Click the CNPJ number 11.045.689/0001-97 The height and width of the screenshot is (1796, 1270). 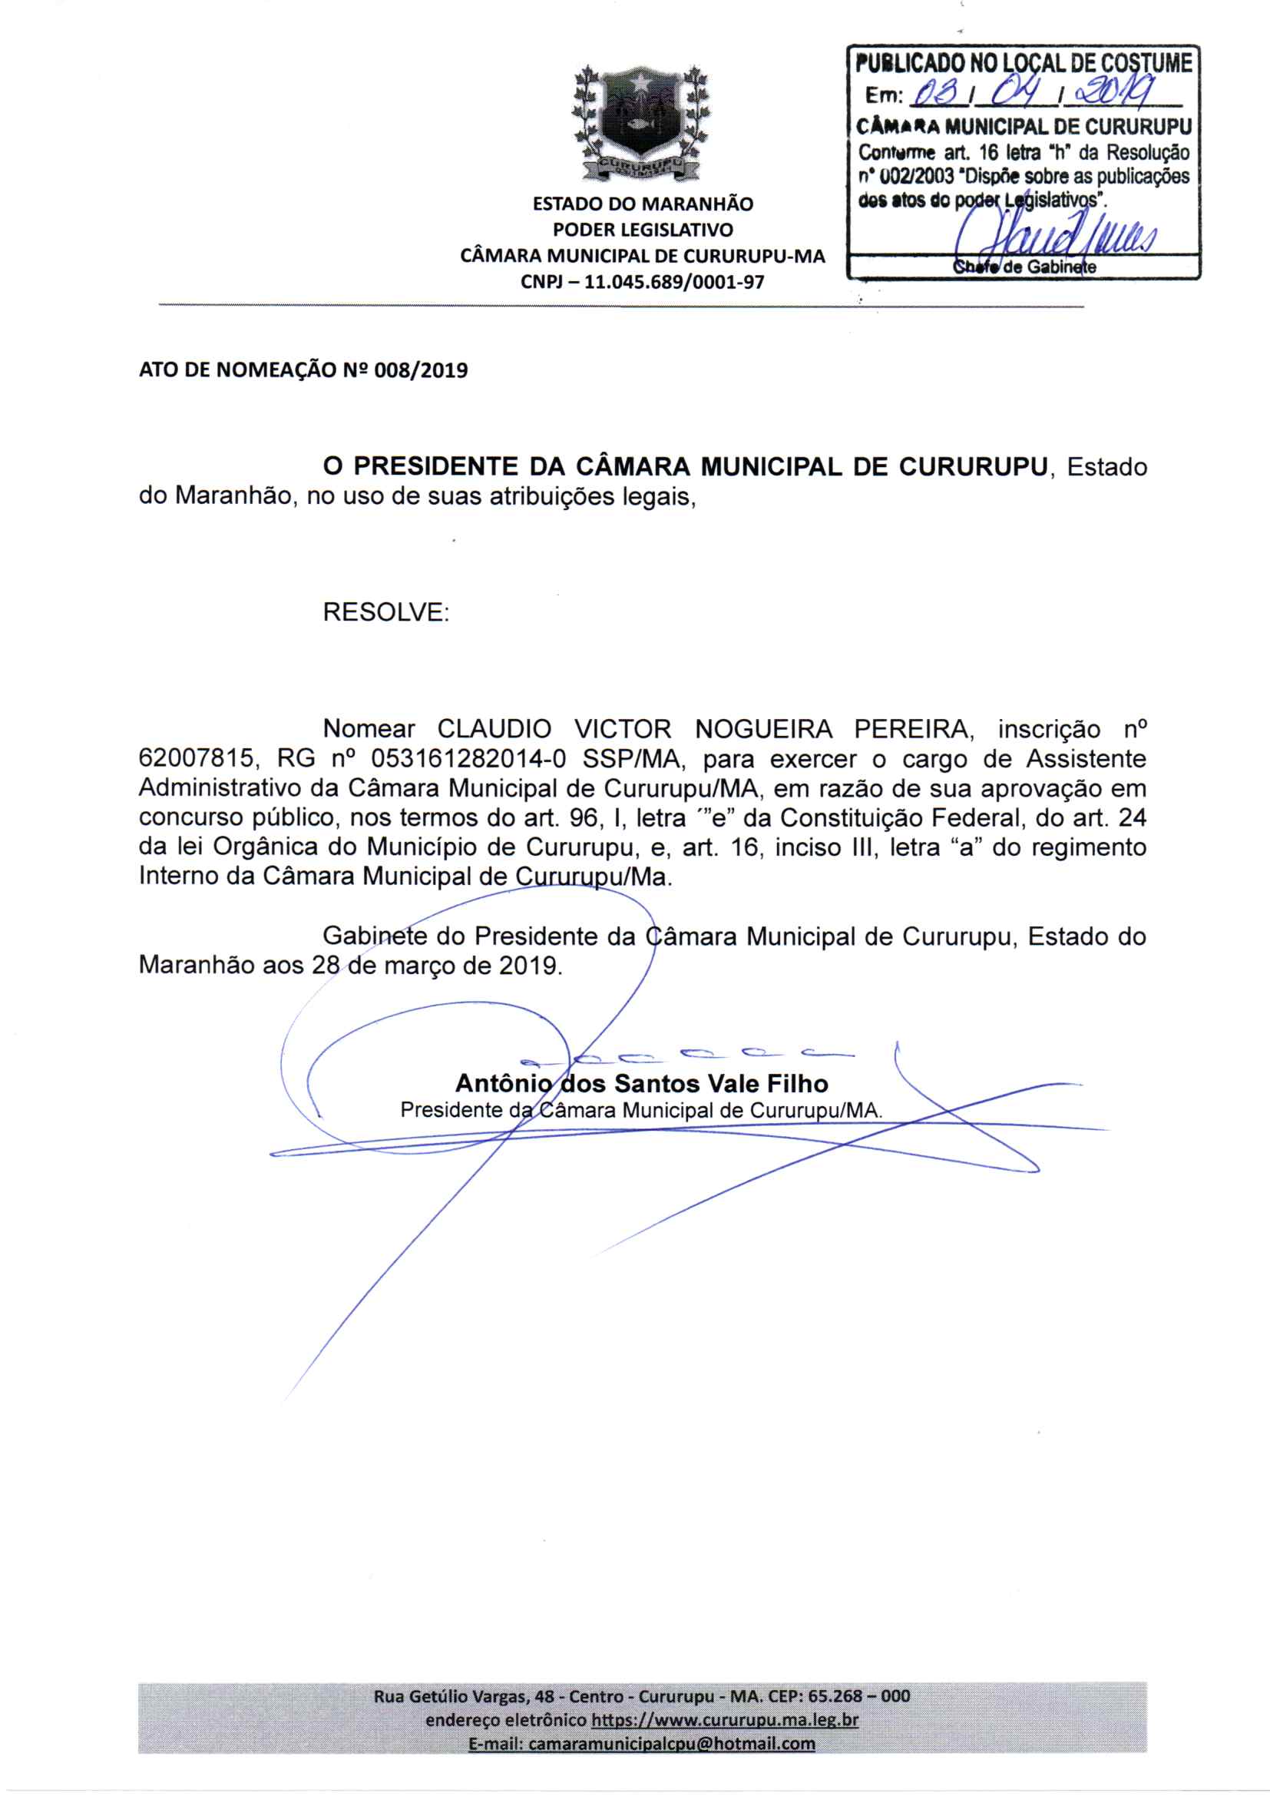[674, 282]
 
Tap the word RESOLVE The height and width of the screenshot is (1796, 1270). [385, 611]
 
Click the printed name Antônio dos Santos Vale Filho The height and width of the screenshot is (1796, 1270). [641, 1083]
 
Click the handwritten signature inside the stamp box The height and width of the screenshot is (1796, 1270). [1056, 234]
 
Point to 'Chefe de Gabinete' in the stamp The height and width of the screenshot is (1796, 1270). [1024, 267]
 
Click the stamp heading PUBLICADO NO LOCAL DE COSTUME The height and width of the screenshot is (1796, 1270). [1024, 62]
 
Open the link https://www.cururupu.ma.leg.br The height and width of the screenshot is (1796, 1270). [725, 1720]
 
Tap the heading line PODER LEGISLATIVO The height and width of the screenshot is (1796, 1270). [643, 230]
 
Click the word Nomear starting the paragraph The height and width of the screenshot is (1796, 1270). [369, 729]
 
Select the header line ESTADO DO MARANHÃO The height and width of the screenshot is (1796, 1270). [643, 204]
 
